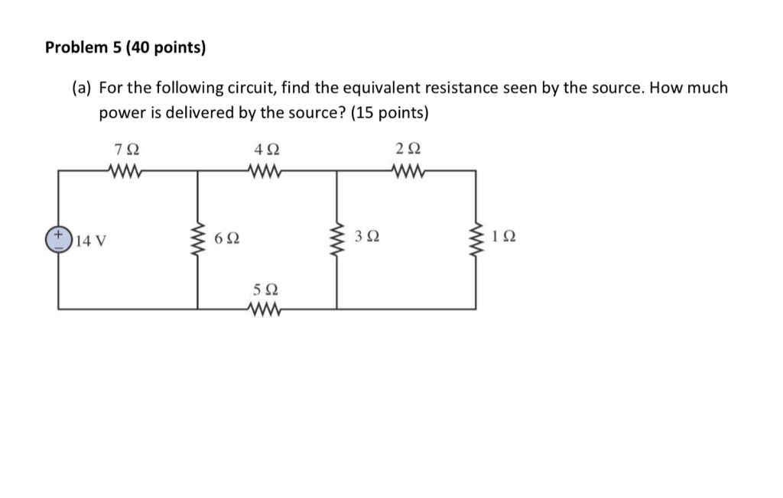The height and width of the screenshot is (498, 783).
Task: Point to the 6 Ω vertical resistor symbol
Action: pyautogui.click(x=199, y=239)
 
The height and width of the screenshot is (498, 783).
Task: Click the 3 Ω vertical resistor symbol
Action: pyautogui.click(x=337, y=239)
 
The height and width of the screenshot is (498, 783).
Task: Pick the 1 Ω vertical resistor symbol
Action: pyautogui.click(x=478, y=239)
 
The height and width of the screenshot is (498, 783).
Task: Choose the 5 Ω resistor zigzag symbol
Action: pyautogui.click(x=266, y=309)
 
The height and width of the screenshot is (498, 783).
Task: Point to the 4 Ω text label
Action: pyautogui.click(x=266, y=148)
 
